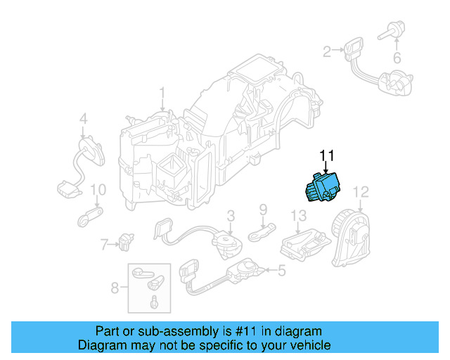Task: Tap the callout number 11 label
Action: coord(328,156)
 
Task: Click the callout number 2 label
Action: coord(327,51)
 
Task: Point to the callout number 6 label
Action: coord(397,58)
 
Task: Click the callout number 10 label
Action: coord(98,190)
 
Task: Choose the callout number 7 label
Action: coord(104,245)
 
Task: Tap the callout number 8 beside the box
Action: coord(115,287)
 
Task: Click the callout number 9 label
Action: coord(263,209)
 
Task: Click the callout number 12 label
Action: coord(360,191)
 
